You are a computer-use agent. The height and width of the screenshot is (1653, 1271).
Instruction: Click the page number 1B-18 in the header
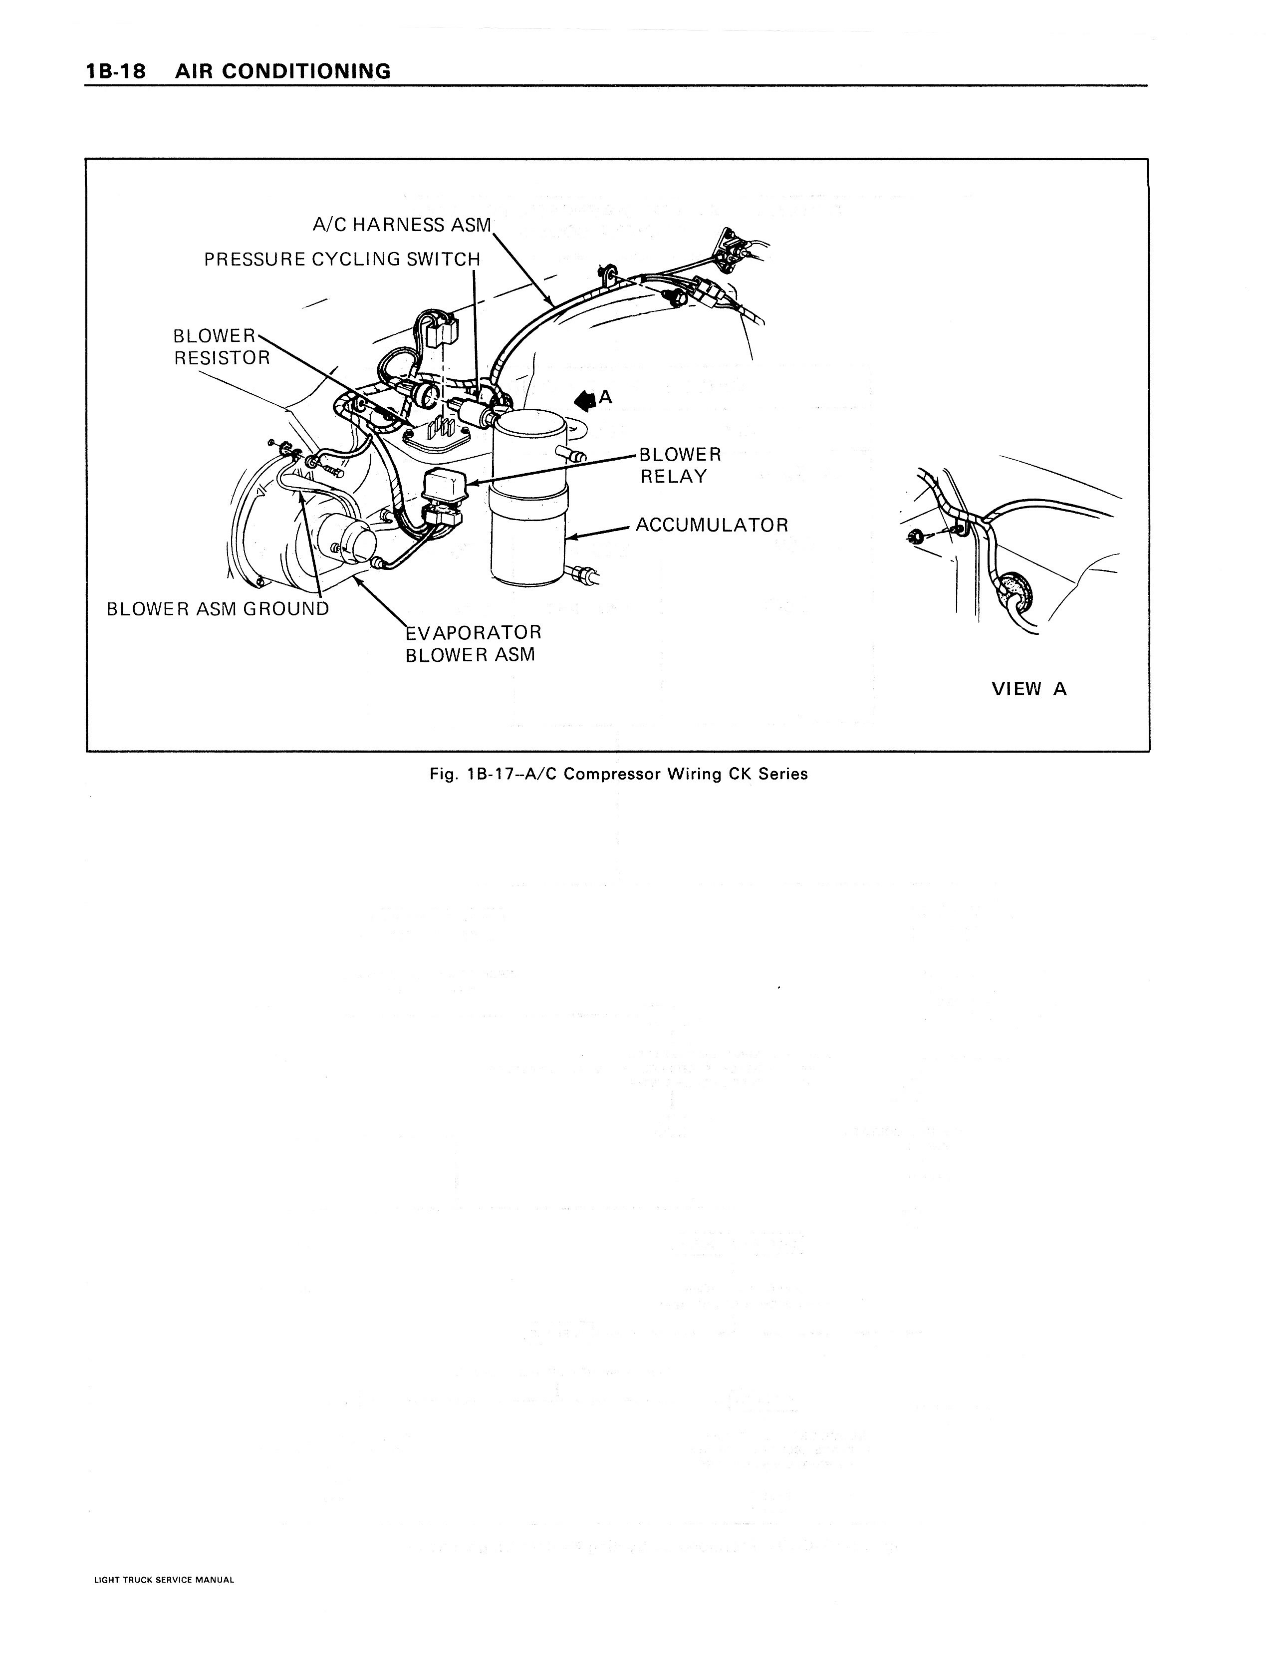pos(115,72)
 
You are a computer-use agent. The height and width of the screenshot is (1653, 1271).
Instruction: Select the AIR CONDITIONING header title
pos(282,72)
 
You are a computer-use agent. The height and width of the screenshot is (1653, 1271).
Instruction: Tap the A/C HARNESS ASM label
pos(402,225)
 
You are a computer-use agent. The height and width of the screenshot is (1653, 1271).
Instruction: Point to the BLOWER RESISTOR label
pos(221,346)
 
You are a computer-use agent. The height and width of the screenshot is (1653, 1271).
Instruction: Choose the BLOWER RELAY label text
pos(679,465)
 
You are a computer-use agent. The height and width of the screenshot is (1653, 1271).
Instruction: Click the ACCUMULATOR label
pos(711,525)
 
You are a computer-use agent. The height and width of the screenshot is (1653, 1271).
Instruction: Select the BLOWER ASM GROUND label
pos(218,609)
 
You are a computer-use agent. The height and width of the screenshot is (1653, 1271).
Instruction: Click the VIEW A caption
pos(1029,689)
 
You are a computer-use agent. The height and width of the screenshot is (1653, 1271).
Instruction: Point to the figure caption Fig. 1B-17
pos(618,774)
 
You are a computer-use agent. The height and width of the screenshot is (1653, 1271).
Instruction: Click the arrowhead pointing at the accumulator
pos(573,538)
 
